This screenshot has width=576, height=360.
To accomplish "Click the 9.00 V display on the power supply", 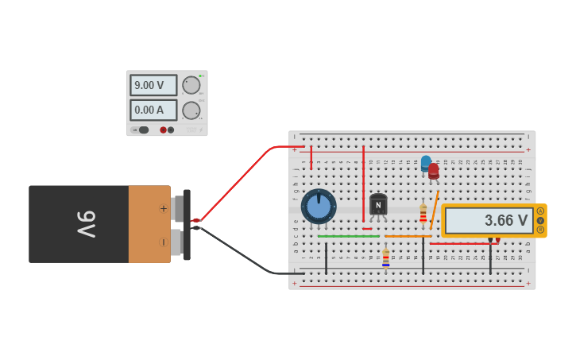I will (x=153, y=85).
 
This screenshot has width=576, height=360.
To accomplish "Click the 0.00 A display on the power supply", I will (x=153, y=110).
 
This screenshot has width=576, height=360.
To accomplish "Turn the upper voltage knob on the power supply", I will (x=191, y=85).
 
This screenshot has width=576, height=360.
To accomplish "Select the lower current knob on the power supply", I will (x=191, y=110).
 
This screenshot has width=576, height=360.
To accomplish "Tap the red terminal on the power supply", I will (x=163, y=130).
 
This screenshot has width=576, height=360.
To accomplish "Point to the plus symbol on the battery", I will (x=164, y=209).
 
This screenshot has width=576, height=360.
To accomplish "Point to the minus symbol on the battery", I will (x=164, y=242).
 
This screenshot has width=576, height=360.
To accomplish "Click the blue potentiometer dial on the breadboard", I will (x=319, y=206).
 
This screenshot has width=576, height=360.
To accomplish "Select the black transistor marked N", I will (x=378, y=205).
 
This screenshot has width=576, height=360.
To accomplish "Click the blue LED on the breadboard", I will (x=426, y=163).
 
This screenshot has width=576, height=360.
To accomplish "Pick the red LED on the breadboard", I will (x=434, y=171).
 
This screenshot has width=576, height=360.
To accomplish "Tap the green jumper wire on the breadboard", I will (x=348, y=236).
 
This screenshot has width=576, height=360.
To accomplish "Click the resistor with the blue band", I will (x=386, y=258).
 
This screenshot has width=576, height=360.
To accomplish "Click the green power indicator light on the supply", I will (x=201, y=75).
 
